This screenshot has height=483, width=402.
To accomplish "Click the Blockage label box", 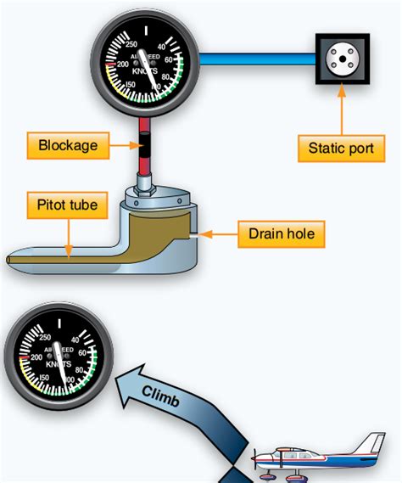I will tap(68, 145).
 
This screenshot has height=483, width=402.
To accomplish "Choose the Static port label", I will tap(340, 148).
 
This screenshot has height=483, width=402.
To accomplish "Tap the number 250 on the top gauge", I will tap(131, 44).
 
